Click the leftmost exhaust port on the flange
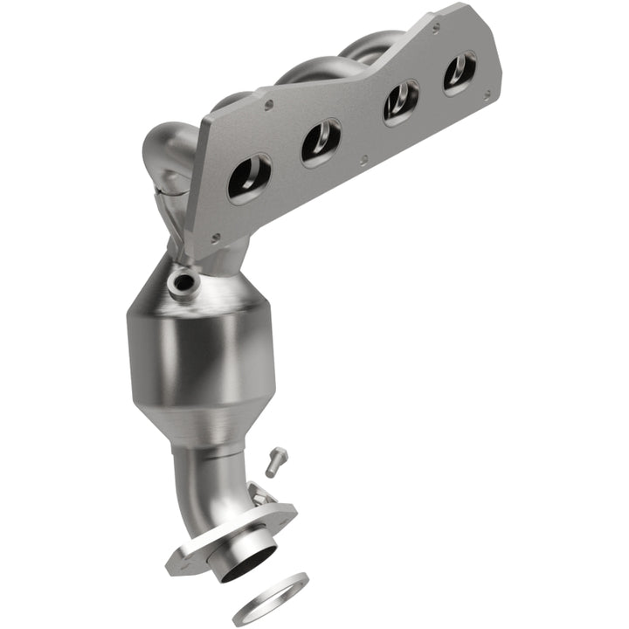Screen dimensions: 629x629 point(249,177)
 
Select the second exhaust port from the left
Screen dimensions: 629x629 point(321,142)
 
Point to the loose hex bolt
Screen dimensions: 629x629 point(276,461)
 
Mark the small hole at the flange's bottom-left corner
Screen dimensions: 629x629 point(215,236)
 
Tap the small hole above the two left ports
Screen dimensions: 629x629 point(268,104)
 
